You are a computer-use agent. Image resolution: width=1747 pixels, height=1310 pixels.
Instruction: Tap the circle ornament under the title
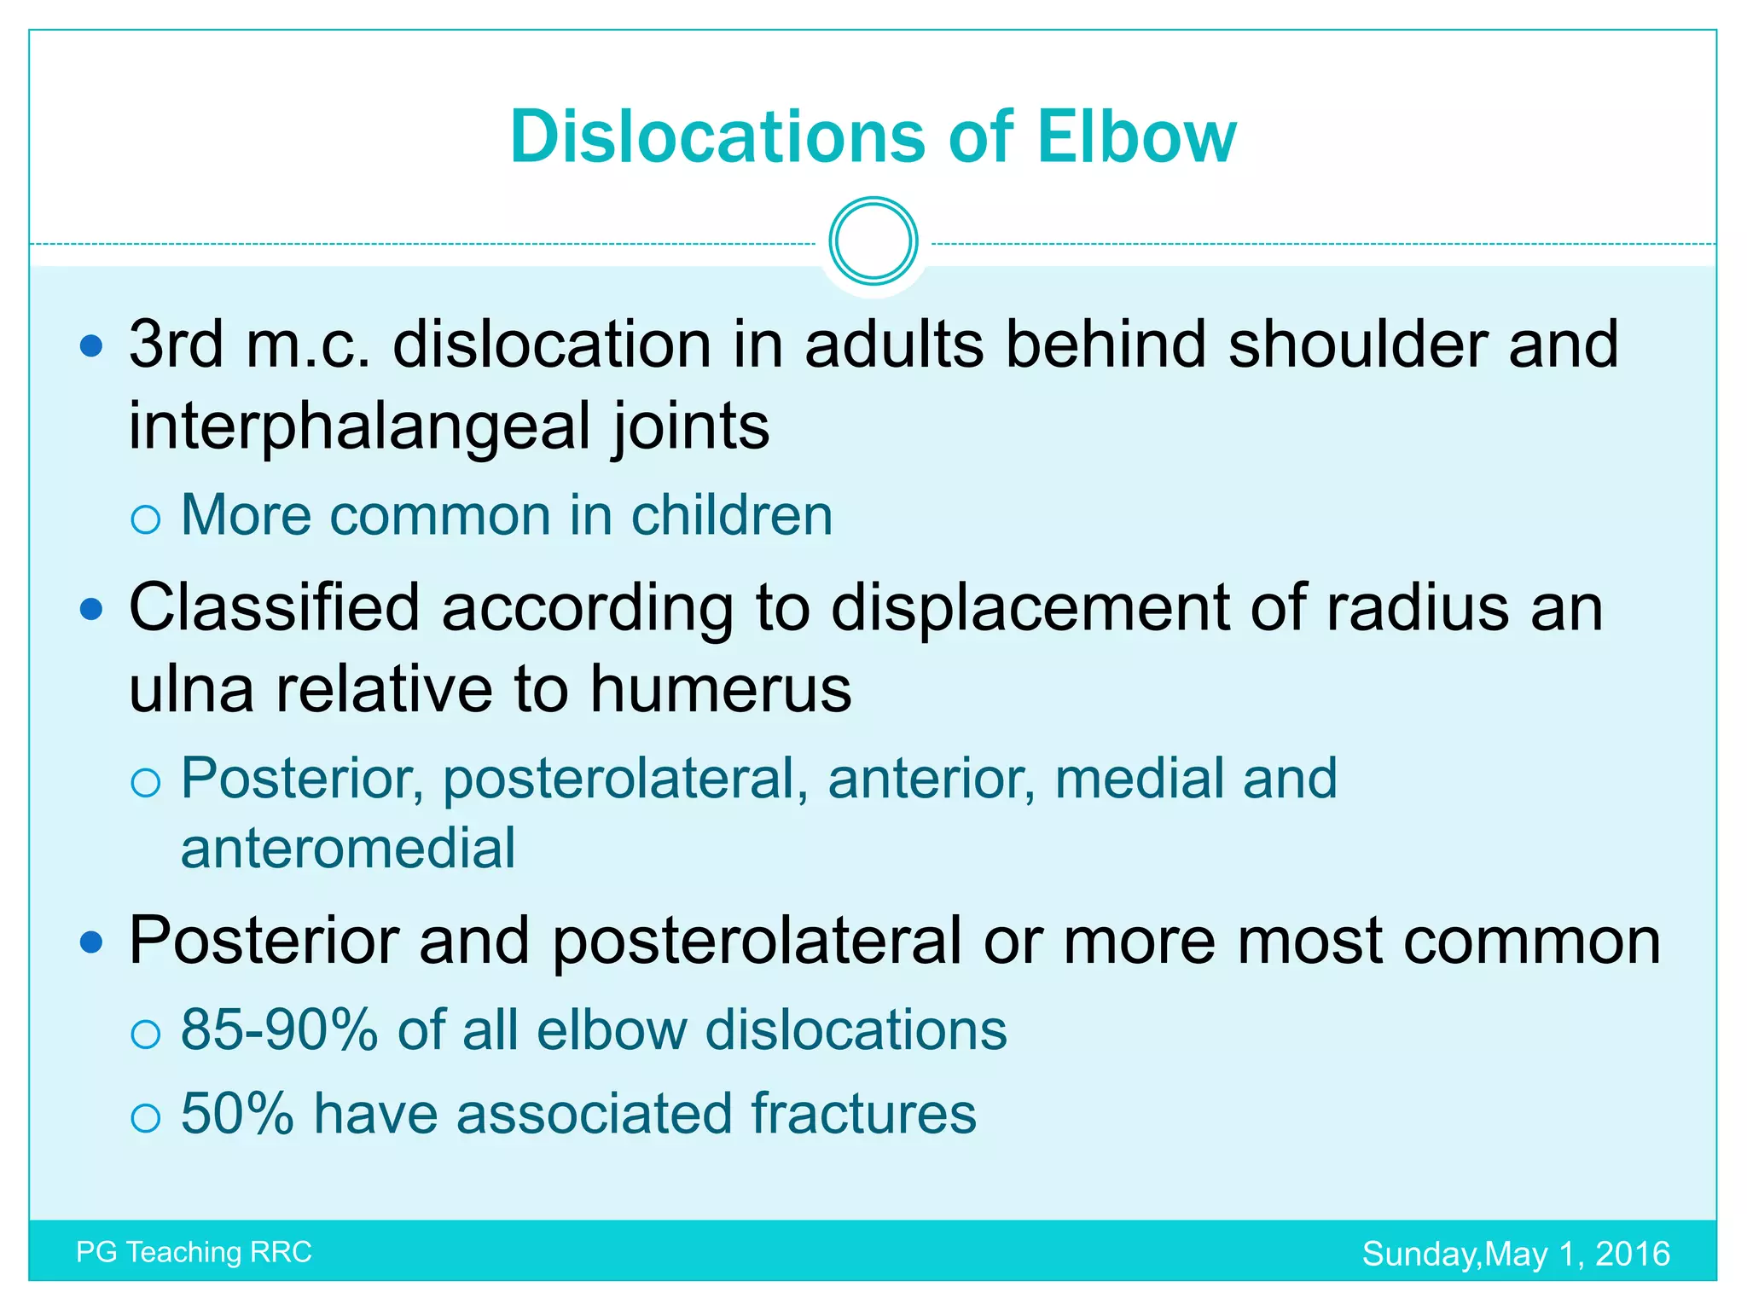point(873,241)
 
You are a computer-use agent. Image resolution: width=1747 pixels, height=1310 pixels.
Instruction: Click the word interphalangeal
point(359,426)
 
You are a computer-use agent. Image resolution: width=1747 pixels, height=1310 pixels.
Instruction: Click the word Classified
point(274,607)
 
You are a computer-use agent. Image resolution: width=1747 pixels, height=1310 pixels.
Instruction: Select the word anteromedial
point(348,848)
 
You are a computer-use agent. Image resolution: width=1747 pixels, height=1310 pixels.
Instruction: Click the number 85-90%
point(279,1029)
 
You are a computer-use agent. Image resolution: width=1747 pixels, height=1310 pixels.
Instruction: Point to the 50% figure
point(237,1114)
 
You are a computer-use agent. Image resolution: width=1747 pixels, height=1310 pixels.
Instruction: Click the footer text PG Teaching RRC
point(194,1252)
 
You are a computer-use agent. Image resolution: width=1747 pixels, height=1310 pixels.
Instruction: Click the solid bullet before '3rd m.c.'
point(90,345)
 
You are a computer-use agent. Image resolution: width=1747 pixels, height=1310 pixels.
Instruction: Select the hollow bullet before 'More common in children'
point(146,519)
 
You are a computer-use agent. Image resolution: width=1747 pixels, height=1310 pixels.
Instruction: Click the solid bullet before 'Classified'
point(90,609)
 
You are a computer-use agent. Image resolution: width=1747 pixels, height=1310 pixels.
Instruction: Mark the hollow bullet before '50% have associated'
point(146,1117)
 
